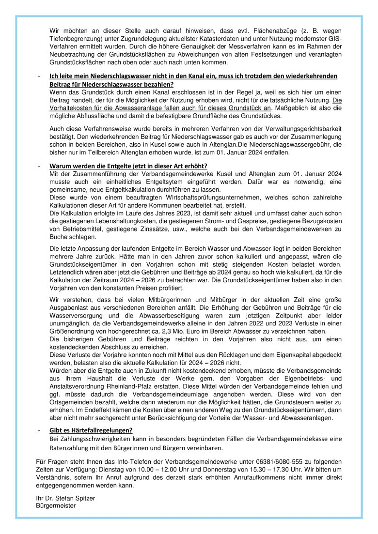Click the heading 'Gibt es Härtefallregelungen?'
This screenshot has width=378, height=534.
[x=91, y=430]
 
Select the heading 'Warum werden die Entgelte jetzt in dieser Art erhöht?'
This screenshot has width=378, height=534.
[x=128, y=166]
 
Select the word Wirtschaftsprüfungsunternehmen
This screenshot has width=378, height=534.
[x=196, y=198]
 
